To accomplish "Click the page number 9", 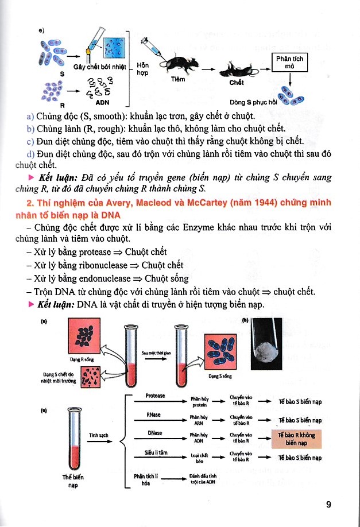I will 328,505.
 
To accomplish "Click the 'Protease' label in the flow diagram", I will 156,396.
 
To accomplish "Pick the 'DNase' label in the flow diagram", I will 154,432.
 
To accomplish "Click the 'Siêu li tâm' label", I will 156,452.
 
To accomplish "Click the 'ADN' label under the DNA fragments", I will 102,102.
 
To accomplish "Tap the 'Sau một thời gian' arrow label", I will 154,355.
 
